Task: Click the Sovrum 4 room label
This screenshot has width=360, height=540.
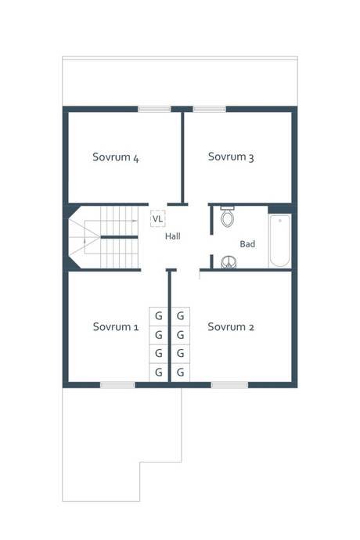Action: [116, 157]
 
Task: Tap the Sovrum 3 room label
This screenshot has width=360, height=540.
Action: [231, 157]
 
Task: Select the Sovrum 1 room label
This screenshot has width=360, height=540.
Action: [116, 326]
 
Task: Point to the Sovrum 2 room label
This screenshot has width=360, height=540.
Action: [231, 326]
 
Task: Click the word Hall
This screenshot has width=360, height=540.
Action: [173, 236]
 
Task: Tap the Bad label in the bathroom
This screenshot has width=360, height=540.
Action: [247, 244]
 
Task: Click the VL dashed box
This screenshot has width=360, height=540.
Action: [158, 218]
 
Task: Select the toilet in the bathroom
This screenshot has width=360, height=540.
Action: [228, 217]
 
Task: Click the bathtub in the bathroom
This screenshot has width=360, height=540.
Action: [279, 240]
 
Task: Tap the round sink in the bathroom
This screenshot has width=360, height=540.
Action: [229, 262]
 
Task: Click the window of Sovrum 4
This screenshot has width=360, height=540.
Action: [154, 109]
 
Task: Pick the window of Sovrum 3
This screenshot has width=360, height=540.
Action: [210, 109]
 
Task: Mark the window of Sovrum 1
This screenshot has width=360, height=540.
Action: [117, 385]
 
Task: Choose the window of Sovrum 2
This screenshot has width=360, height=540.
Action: [229, 385]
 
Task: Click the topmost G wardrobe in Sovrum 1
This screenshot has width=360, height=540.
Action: [158, 316]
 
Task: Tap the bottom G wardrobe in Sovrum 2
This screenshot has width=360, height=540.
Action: [181, 373]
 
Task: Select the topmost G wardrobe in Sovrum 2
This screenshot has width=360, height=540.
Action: [181, 316]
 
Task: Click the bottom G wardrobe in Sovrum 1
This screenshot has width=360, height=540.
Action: [158, 373]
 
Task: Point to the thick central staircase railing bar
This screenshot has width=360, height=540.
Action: [119, 237]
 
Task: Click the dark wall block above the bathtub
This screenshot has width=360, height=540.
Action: [280, 210]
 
